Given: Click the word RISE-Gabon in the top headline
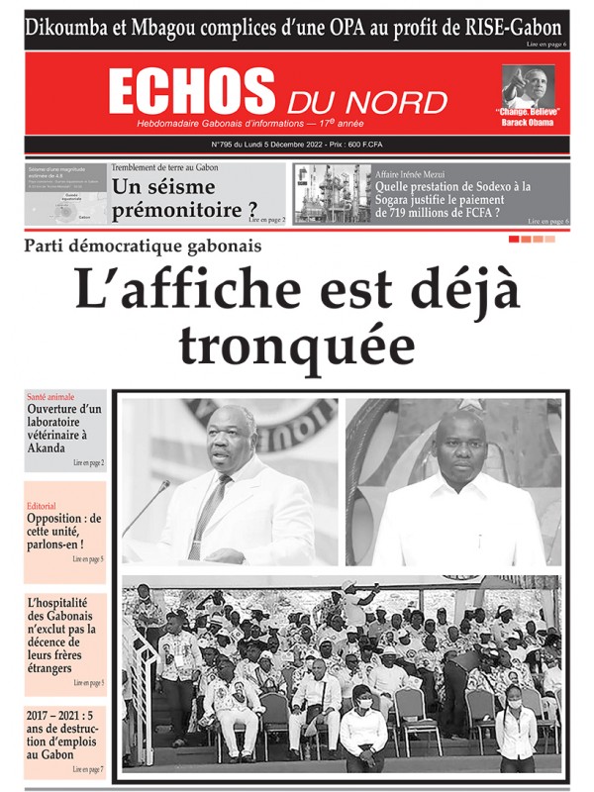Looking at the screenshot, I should (x=515, y=27).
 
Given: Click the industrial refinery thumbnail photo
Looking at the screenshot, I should (x=332, y=193).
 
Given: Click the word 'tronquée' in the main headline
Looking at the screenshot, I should (x=297, y=346).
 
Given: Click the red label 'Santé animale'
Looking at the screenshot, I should (x=50, y=396).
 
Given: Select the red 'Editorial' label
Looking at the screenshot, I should (x=42, y=506).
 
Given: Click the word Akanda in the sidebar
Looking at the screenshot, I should (x=48, y=447).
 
